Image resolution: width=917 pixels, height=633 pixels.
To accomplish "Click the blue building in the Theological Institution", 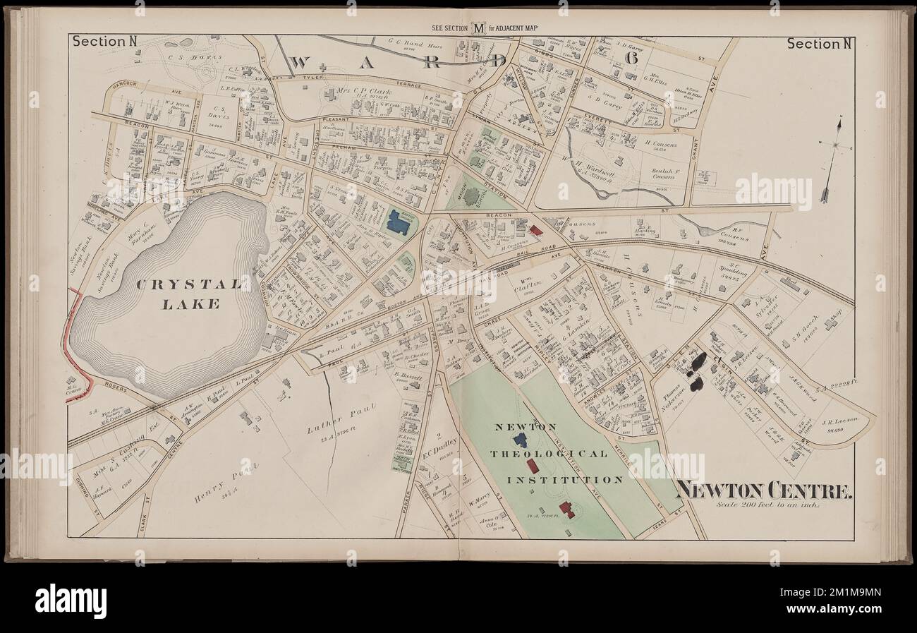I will pyautogui.click(x=521, y=440).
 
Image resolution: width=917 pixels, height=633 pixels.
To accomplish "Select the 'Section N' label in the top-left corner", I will pyautogui.click(x=104, y=42).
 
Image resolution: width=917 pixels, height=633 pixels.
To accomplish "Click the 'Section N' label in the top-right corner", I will pyautogui.click(x=818, y=44).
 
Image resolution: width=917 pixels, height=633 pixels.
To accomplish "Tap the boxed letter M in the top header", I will pyautogui.click(x=479, y=29).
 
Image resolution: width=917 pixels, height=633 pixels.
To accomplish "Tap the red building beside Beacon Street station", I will pyautogui.click(x=536, y=230).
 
